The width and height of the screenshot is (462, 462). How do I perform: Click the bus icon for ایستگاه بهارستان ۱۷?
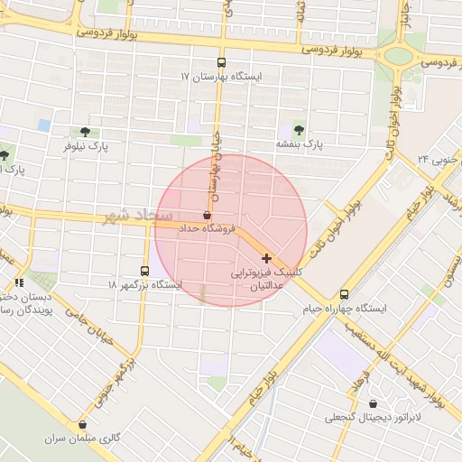(222, 64)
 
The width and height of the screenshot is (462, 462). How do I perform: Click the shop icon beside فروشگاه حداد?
(208, 216)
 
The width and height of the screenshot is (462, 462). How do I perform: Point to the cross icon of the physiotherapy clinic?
(266, 258)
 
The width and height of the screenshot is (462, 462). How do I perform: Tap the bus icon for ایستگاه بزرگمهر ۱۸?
(145, 271)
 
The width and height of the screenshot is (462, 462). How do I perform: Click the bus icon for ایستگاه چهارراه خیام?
(343, 295)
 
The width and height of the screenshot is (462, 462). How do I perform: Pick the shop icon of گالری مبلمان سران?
(83, 424)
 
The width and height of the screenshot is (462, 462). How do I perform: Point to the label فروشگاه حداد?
(208, 229)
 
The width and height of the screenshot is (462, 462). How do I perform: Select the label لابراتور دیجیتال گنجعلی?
(371, 418)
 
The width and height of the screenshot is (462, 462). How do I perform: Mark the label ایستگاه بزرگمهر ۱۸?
(145, 285)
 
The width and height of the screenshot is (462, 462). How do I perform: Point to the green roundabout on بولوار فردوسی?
(397, 56)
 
